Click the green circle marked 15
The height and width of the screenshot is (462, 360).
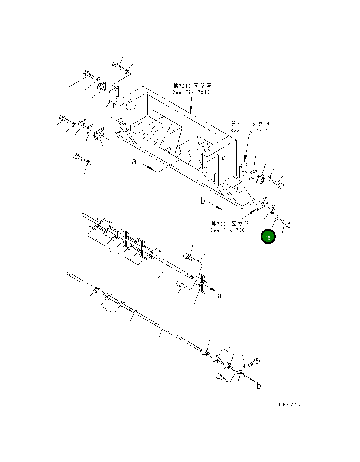pyautogui.click(x=268, y=237)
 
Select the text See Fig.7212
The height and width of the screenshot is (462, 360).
pyautogui.click(x=191, y=92)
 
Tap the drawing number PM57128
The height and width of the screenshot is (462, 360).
pyautogui.click(x=292, y=405)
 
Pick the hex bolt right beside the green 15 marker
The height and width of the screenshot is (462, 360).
pyautogui.click(x=285, y=223)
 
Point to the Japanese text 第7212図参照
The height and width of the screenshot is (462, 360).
pyautogui.click(x=192, y=86)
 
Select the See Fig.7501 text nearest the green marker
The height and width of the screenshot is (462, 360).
pyautogui.click(x=229, y=230)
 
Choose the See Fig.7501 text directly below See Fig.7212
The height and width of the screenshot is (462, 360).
pyautogui.click(x=249, y=131)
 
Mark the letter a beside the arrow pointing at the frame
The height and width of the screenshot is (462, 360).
pyautogui.click(x=134, y=162)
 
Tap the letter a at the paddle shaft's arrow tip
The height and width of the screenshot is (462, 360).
pyautogui.click(x=219, y=296)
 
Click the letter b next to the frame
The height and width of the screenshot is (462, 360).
pyautogui.click(x=202, y=201)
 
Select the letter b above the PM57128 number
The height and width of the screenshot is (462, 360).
pyautogui.click(x=258, y=386)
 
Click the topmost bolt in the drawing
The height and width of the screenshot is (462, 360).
pyautogui.click(x=118, y=66)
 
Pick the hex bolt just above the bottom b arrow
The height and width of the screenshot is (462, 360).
pyautogui.click(x=254, y=362)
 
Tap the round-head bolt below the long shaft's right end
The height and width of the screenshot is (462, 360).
pyautogui.click(x=221, y=378)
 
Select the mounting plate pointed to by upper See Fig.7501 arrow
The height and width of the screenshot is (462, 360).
pyautogui.click(x=244, y=170)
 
